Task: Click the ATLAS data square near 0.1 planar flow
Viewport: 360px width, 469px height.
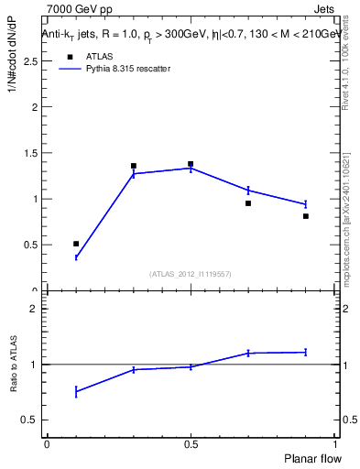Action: (76, 244)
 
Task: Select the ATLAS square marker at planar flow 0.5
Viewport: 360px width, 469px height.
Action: (191, 164)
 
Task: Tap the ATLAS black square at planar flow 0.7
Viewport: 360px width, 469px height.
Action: (248, 203)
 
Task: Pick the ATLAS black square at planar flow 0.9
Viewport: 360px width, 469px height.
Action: (305, 216)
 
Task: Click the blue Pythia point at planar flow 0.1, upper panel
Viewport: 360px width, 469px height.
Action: (76, 257)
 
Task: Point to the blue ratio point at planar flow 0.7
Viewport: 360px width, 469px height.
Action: (248, 353)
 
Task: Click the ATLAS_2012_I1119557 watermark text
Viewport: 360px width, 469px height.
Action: (191, 274)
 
